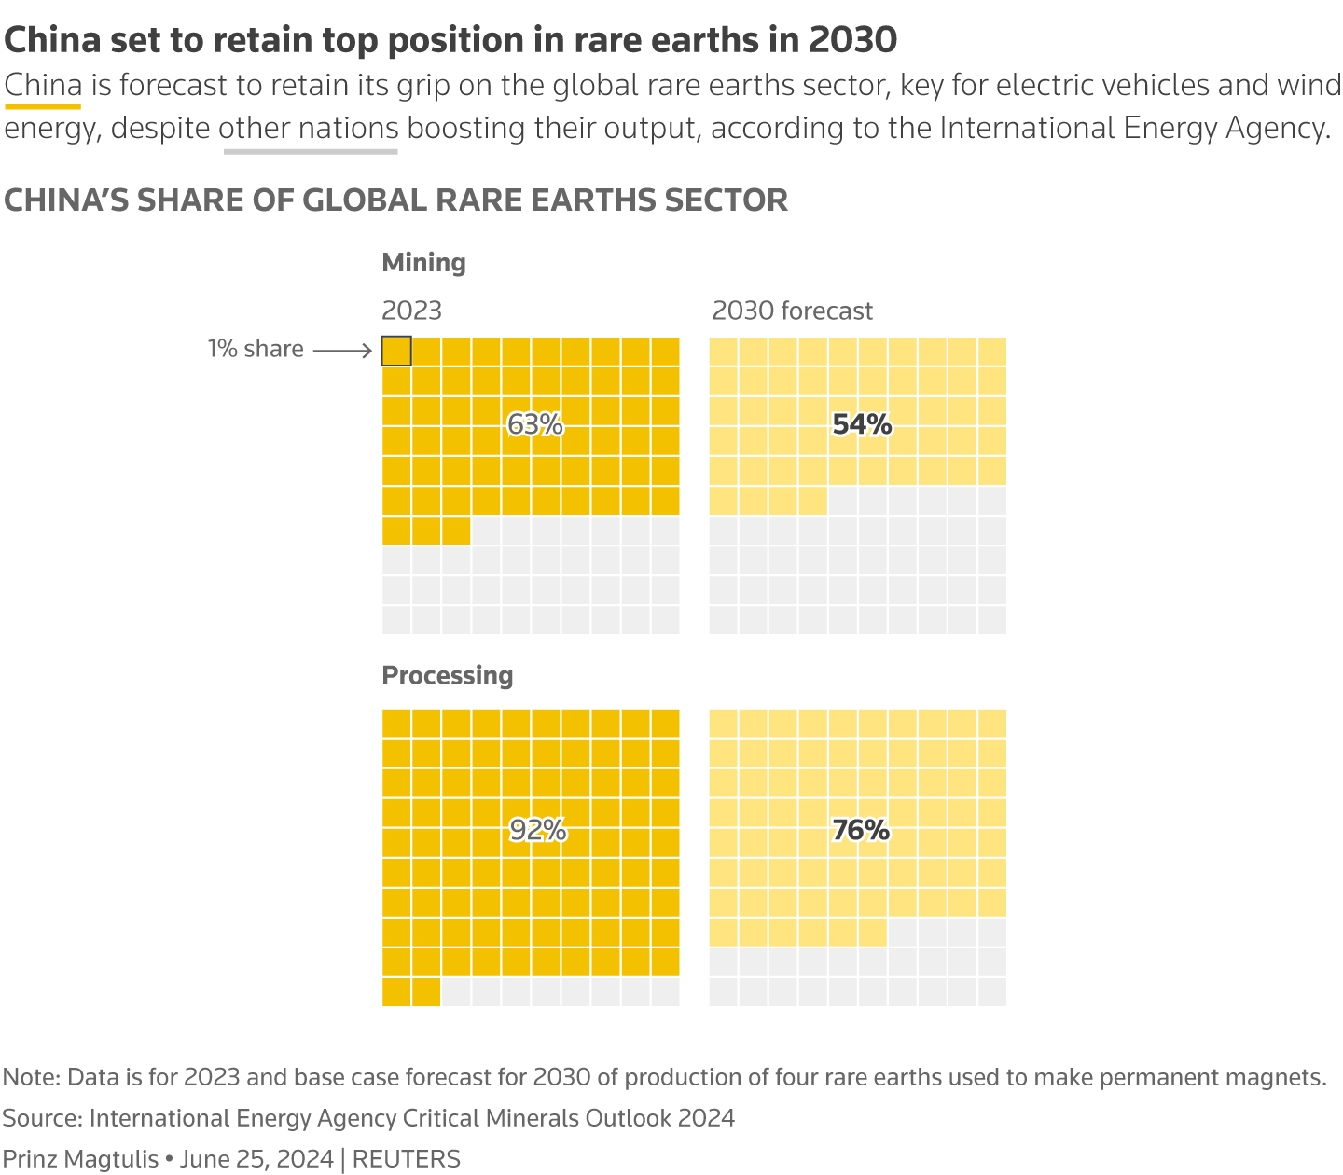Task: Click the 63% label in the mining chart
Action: point(535,425)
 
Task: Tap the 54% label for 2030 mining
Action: point(862,425)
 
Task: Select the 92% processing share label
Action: point(537,830)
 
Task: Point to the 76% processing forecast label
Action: point(861,830)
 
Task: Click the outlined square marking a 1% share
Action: point(396,351)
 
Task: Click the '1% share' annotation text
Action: point(256,349)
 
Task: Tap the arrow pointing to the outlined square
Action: point(342,351)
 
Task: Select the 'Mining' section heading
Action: point(423,263)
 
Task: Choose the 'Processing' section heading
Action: point(448,675)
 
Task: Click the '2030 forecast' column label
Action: point(792,311)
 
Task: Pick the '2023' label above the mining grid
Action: point(411,311)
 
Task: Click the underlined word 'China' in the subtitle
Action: point(43,86)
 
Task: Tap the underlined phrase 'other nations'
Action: point(309,128)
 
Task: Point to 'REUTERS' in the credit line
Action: point(407,1159)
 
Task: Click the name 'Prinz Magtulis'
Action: point(81,1159)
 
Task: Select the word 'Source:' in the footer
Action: point(42,1118)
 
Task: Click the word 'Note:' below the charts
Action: point(32,1077)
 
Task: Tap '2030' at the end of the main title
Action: point(852,40)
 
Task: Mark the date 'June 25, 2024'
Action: point(256,1159)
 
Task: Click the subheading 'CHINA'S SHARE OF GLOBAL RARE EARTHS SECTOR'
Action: point(396,200)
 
